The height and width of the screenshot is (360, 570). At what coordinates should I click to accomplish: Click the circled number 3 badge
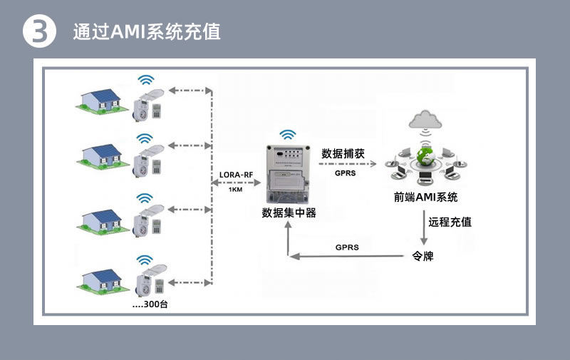coord(40,32)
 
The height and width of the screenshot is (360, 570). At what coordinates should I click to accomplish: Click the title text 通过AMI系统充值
coord(147,32)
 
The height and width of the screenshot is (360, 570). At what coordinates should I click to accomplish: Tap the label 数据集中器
coord(289,212)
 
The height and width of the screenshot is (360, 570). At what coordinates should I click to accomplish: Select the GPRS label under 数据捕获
coord(345,173)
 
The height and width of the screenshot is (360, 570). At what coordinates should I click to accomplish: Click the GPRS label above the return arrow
coord(347,247)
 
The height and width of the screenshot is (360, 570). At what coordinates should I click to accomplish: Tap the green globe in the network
coord(425,155)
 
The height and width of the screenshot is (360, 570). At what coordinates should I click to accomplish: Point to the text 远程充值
coord(450,222)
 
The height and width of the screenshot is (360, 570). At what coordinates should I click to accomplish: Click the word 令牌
coord(423,256)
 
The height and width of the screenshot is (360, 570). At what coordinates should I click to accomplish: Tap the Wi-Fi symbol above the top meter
coord(146,79)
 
